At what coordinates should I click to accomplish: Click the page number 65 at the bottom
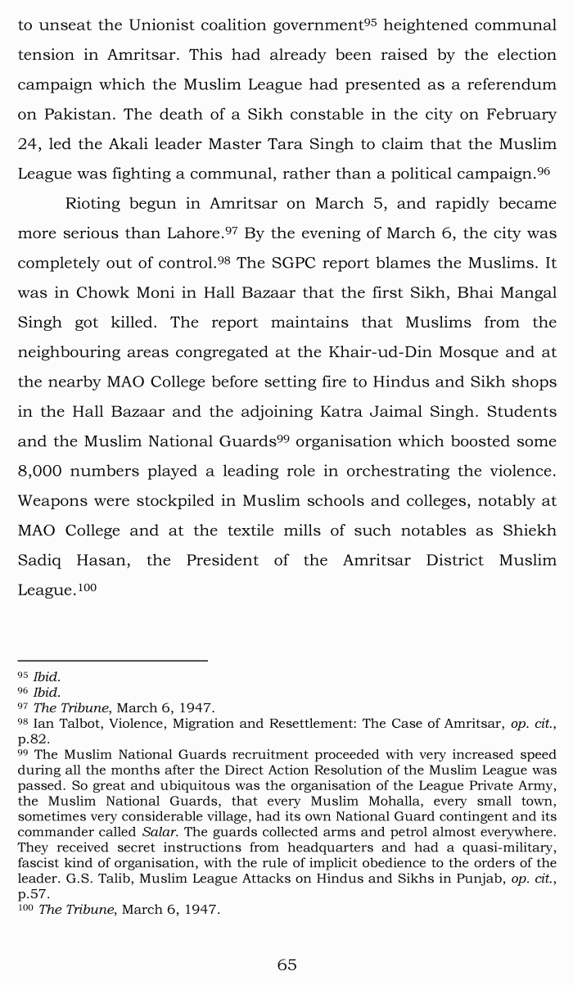pos(286,965)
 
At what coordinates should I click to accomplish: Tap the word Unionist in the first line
pos(160,25)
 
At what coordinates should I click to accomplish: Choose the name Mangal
pos(526,292)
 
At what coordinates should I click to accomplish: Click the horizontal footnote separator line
pos(112,659)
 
